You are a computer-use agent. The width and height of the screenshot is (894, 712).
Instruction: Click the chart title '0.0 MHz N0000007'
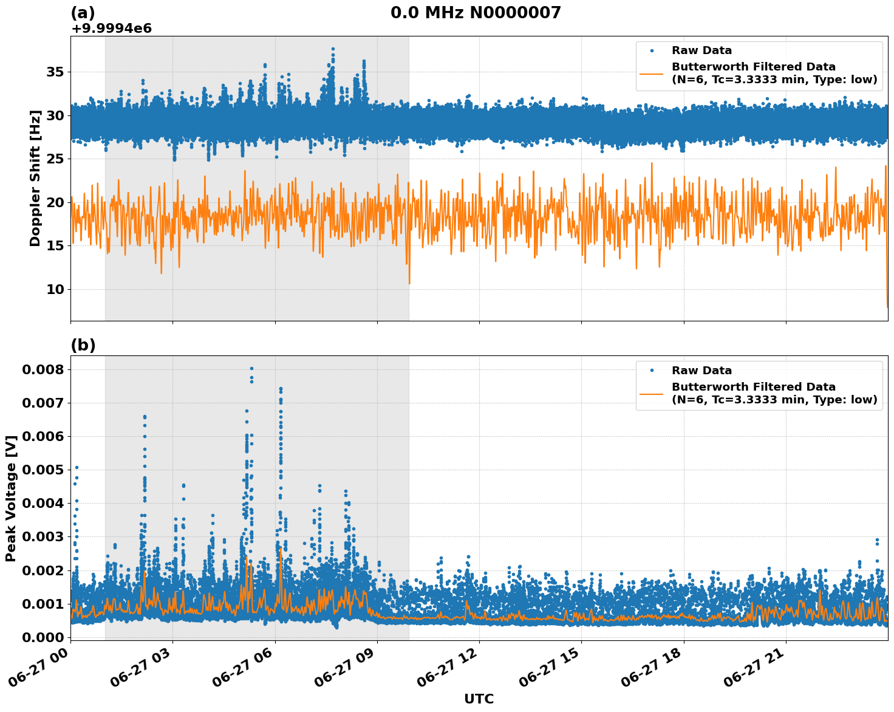point(476,13)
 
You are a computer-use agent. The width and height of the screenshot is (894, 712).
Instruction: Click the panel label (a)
point(83,13)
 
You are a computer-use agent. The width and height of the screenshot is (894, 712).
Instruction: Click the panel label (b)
point(83,345)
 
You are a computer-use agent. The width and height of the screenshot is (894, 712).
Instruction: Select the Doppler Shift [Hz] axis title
point(35,178)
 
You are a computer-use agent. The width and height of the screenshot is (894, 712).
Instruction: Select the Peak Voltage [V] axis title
point(11,498)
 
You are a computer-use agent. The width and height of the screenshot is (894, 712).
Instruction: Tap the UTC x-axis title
point(479,699)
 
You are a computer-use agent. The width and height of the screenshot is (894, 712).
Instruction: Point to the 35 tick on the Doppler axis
point(55,72)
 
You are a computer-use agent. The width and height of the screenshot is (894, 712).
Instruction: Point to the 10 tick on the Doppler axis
point(55,289)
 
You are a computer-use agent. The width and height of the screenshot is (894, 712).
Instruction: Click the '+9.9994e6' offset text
point(111,29)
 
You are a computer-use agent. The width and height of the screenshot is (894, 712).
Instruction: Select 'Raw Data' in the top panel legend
point(701,50)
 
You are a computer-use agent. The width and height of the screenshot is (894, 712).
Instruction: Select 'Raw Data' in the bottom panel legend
point(701,371)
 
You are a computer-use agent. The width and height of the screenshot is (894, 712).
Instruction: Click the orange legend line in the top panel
point(652,73)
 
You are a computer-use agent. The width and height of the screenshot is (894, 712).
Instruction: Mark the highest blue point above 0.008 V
point(251,368)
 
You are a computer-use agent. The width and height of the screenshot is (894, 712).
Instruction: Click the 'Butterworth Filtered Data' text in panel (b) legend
point(753,387)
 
